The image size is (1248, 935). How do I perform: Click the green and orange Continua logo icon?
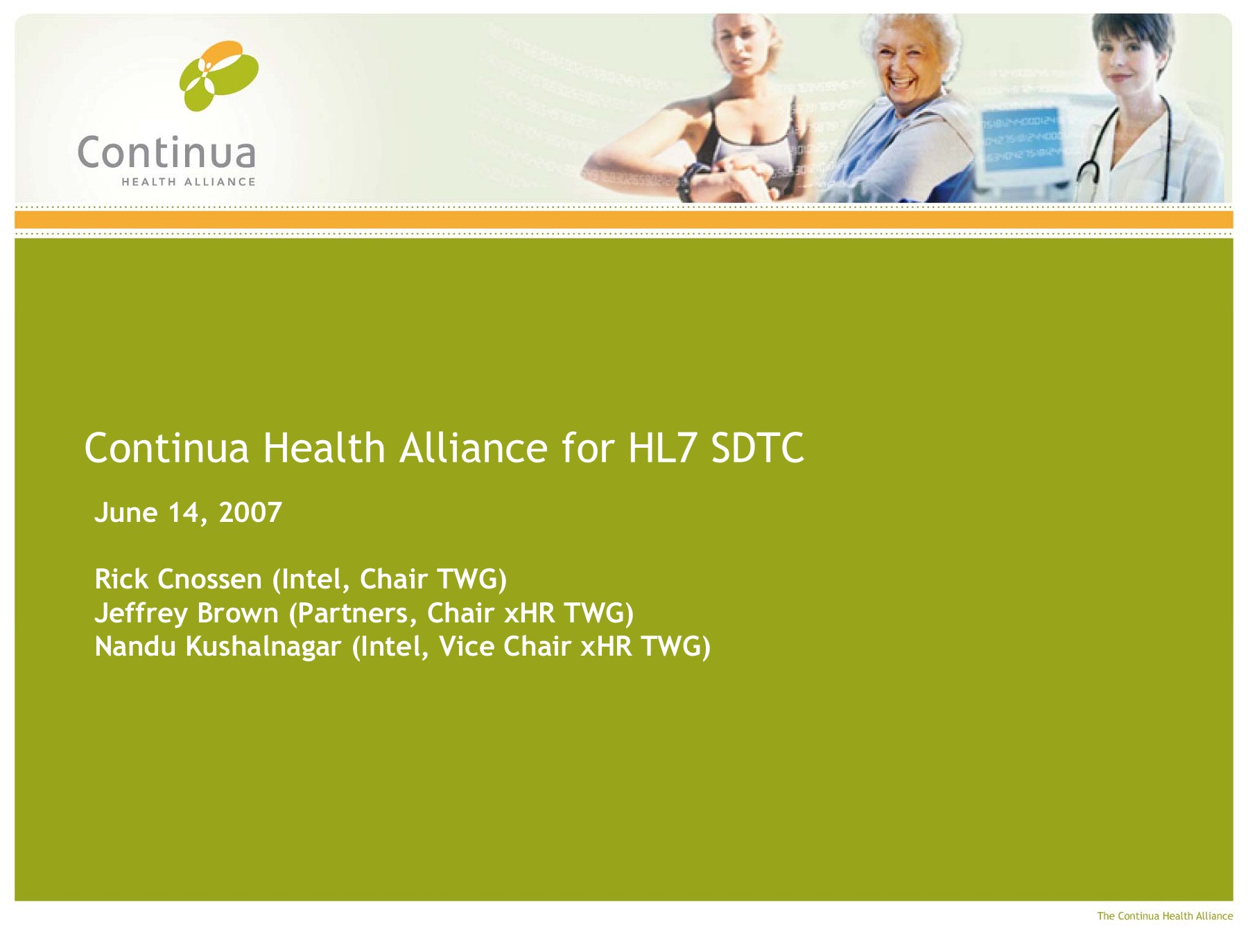[219, 76]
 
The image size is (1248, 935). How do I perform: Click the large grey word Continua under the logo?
[166, 152]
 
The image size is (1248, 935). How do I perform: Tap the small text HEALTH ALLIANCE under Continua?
[189, 182]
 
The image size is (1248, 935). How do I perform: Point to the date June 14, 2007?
[189, 513]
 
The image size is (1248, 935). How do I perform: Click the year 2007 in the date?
[250, 512]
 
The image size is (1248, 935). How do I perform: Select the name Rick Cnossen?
[178, 579]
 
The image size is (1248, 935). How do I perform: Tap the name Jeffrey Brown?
[187, 613]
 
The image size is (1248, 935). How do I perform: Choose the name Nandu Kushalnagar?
[218, 647]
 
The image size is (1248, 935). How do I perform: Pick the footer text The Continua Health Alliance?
[1165, 916]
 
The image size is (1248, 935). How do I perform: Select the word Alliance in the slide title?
[474, 448]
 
